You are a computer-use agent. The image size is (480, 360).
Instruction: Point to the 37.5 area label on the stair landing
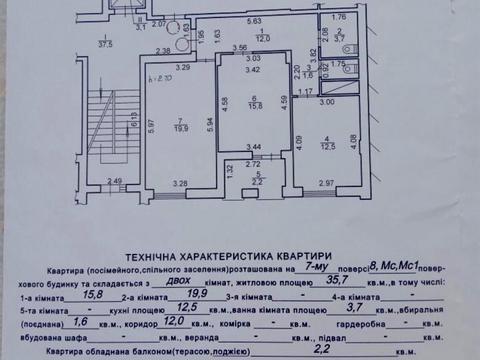[x=103, y=43]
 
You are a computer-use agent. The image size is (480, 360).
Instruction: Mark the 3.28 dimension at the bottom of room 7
[x=180, y=183]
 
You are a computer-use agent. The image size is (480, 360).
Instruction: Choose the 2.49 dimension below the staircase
[x=115, y=181]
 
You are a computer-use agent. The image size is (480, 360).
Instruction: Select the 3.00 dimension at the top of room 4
[x=327, y=102]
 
